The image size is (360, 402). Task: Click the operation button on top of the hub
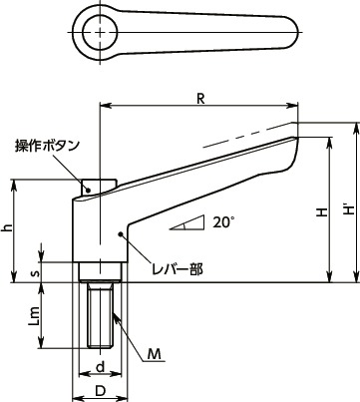coord(98,185)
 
